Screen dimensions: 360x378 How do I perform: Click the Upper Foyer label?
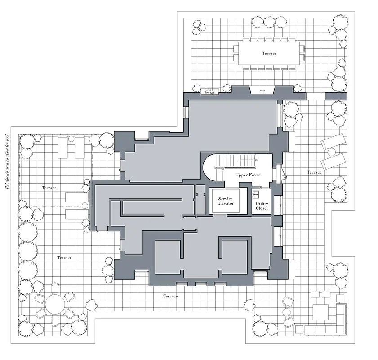248,175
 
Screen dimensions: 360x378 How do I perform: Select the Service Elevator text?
226,201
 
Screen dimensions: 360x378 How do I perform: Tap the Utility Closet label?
262,206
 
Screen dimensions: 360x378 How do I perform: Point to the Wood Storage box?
209,91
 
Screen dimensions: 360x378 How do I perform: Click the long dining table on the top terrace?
269,53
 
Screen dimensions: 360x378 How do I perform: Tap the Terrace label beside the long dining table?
269,53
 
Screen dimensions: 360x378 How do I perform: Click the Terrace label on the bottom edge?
170,297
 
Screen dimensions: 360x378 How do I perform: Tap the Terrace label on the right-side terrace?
314,172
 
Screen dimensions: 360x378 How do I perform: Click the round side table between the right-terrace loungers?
332,152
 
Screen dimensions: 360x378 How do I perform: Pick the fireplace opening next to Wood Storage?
263,91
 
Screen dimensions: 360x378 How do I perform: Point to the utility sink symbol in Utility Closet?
256,195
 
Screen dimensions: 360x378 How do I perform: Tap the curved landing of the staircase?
211,166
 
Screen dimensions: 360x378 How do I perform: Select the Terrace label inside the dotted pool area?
49,188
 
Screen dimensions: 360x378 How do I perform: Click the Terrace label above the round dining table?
64,257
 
